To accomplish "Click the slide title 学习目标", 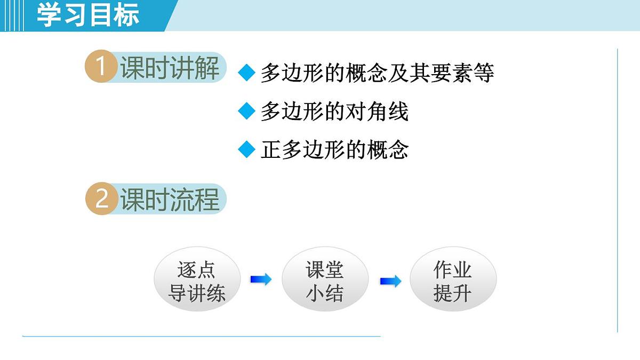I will click(88, 15).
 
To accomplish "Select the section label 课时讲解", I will click(170, 68).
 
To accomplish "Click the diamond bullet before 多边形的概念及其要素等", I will click(247, 73).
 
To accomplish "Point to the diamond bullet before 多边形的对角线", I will click(247, 111).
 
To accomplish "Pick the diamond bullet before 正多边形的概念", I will click(247, 150).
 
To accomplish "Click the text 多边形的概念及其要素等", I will click(377, 73).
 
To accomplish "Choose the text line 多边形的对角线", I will click(334, 112).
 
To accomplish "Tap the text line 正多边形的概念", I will click(334, 150).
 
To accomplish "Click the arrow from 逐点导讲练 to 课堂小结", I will click(261, 279).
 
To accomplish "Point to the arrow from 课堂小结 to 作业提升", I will click(390, 281).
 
